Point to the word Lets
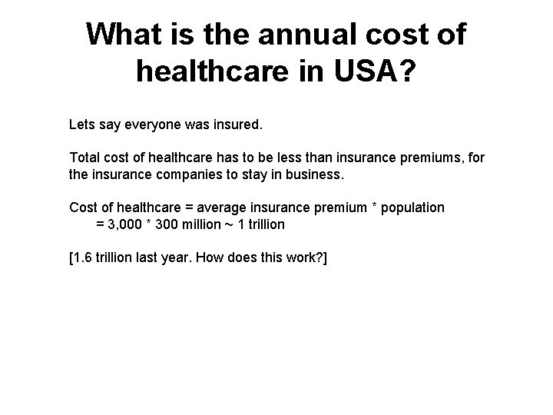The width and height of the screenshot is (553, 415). [81, 123]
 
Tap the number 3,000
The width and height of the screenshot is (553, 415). [124, 224]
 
